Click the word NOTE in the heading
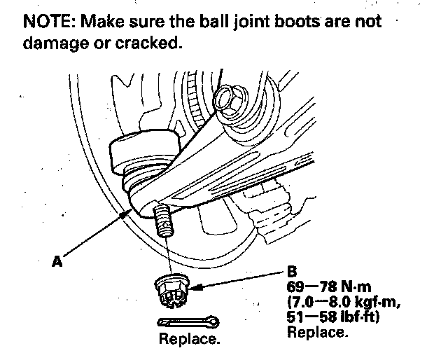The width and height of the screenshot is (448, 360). click(48, 21)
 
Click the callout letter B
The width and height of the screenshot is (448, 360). click(291, 270)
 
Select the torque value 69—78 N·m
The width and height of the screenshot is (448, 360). click(325, 287)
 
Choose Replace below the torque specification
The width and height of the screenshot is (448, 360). click(317, 332)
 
